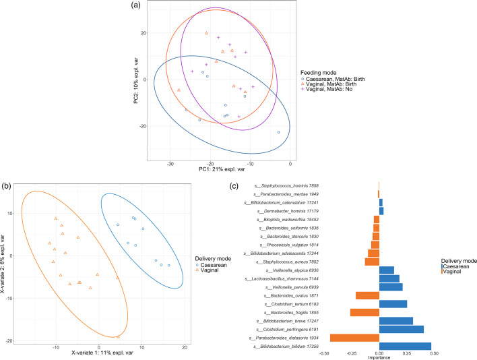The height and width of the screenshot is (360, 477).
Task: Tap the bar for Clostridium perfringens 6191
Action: (402, 329)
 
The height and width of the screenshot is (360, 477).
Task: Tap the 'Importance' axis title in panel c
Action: (379, 357)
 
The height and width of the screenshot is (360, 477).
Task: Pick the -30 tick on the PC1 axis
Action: (170, 164)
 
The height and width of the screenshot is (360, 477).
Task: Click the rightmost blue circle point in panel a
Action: (278, 132)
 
